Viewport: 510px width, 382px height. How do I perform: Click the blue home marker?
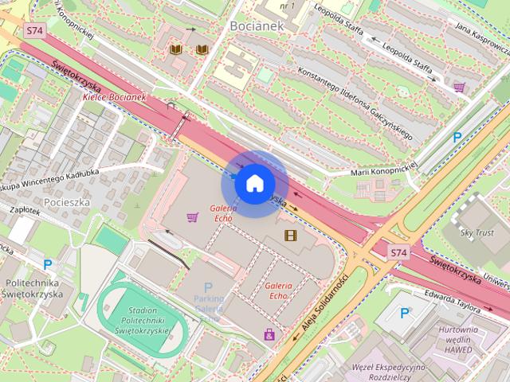tap(254, 184)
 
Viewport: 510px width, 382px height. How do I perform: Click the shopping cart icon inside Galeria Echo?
tap(191, 216)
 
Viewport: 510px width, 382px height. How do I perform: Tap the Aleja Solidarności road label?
tap(325, 305)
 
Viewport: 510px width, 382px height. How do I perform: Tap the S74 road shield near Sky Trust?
tap(398, 252)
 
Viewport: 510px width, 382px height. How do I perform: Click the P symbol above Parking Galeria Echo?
tap(208, 287)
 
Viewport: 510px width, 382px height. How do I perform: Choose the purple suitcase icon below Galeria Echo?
tap(269, 334)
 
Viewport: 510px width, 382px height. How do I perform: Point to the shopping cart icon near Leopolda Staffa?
tap(459, 87)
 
